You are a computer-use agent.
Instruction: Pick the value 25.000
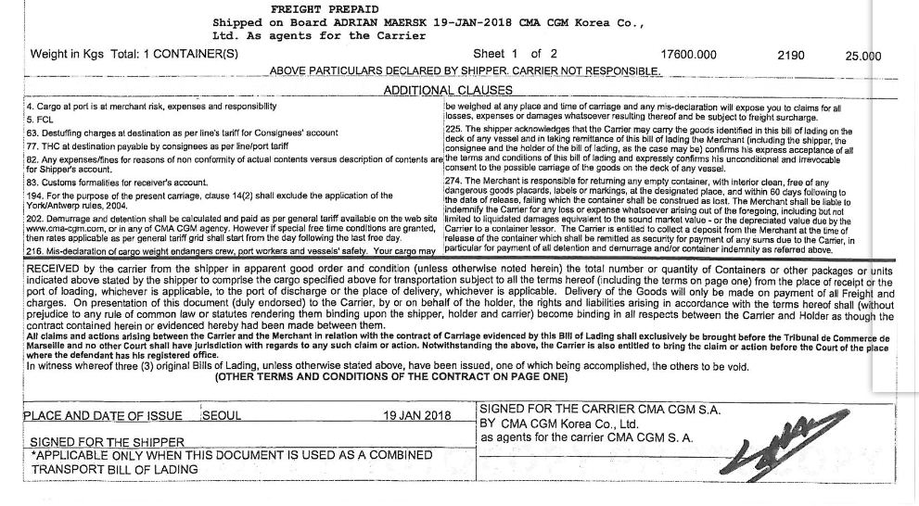pyautogui.click(x=862, y=56)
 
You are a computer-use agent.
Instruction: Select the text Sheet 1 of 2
pyautogui.click(x=515, y=54)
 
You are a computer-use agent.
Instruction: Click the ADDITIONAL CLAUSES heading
pyautogui.click(x=448, y=90)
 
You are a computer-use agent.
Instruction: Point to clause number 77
pyautogui.click(x=32, y=145)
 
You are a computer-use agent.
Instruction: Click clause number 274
pyautogui.click(x=454, y=179)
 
